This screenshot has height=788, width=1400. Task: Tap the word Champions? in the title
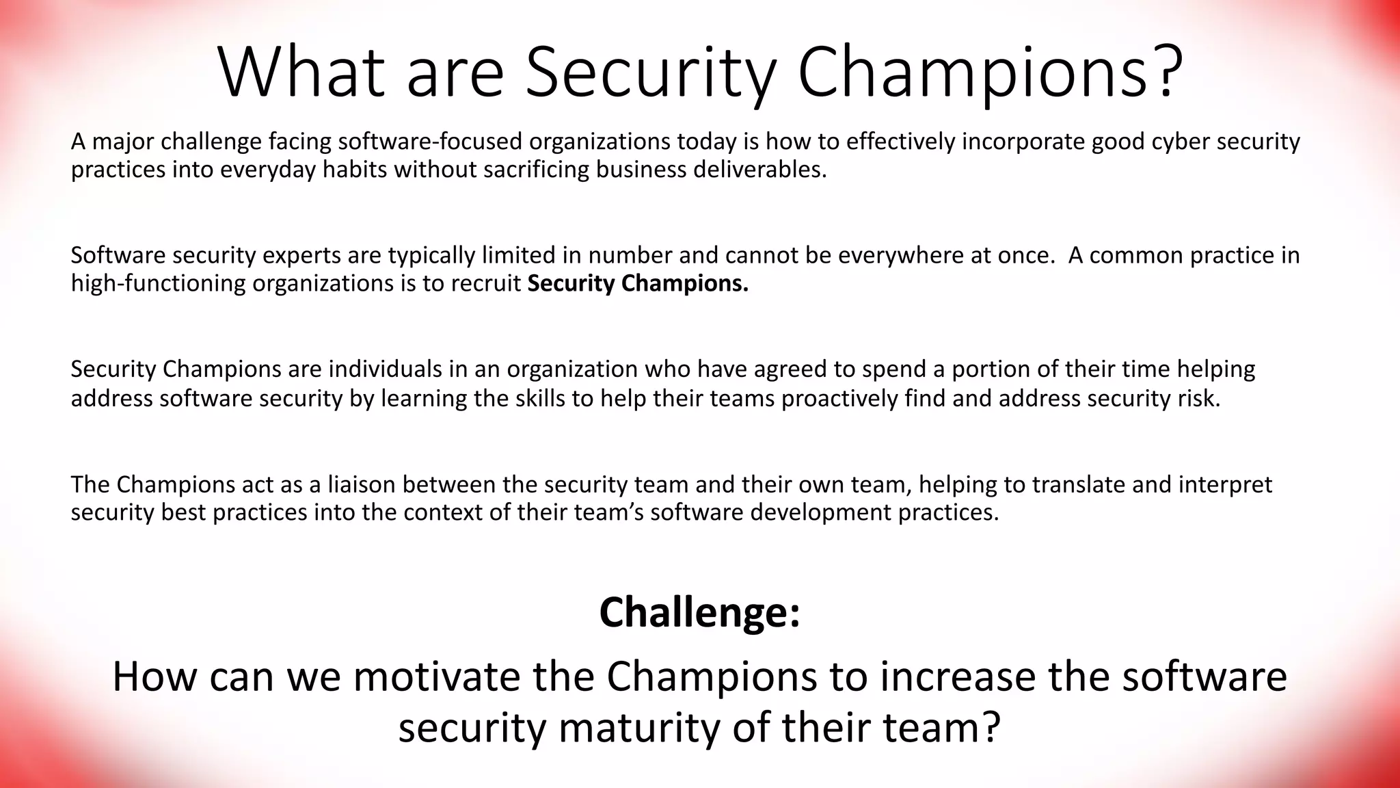click(x=990, y=72)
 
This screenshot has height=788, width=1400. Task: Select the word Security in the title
click(x=650, y=72)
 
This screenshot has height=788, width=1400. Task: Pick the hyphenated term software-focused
click(x=431, y=142)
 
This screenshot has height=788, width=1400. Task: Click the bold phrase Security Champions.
click(x=638, y=283)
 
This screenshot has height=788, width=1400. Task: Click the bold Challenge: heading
click(x=699, y=612)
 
